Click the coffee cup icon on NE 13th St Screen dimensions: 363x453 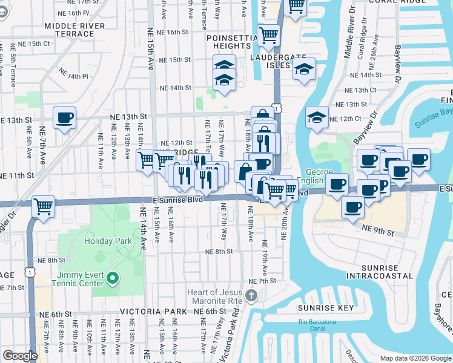click(64, 118)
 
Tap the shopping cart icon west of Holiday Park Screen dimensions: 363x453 click(44, 206)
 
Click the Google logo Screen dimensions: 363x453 click(20, 355)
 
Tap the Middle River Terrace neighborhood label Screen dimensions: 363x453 click(74, 30)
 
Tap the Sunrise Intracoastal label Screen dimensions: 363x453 click(380, 272)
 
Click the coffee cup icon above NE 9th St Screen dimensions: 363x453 click(352, 208)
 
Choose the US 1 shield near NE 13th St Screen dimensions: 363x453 click(277, 108)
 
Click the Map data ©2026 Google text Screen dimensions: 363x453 click(415, 358)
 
